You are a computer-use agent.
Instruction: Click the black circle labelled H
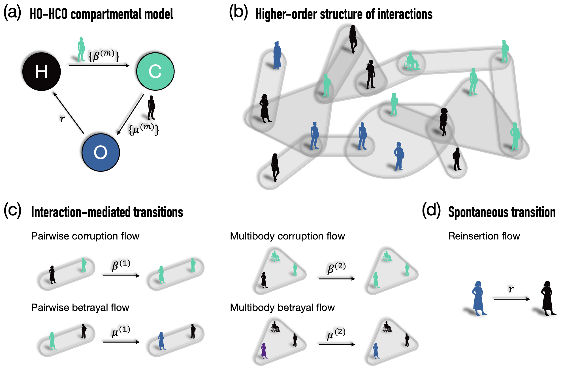[x=41, y=71]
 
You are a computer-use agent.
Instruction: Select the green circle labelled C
[x=155, y=71]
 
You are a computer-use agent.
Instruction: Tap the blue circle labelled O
[x=101, y=152]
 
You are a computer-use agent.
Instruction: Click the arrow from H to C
[x=99, y=65]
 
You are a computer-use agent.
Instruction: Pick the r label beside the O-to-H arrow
[x=62, y=118]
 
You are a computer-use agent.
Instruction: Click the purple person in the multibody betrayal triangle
[x=264, y=351]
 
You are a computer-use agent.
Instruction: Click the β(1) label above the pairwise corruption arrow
[x=121, y=265]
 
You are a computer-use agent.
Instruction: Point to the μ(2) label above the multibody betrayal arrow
[x=336, y=334]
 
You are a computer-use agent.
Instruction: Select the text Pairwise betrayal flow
[x=80, y=307]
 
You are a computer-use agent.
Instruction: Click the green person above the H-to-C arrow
[x=81, y=49]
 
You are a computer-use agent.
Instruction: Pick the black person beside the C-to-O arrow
[x=152, y=107]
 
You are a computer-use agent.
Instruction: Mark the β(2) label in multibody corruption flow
[x=336, y=268]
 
